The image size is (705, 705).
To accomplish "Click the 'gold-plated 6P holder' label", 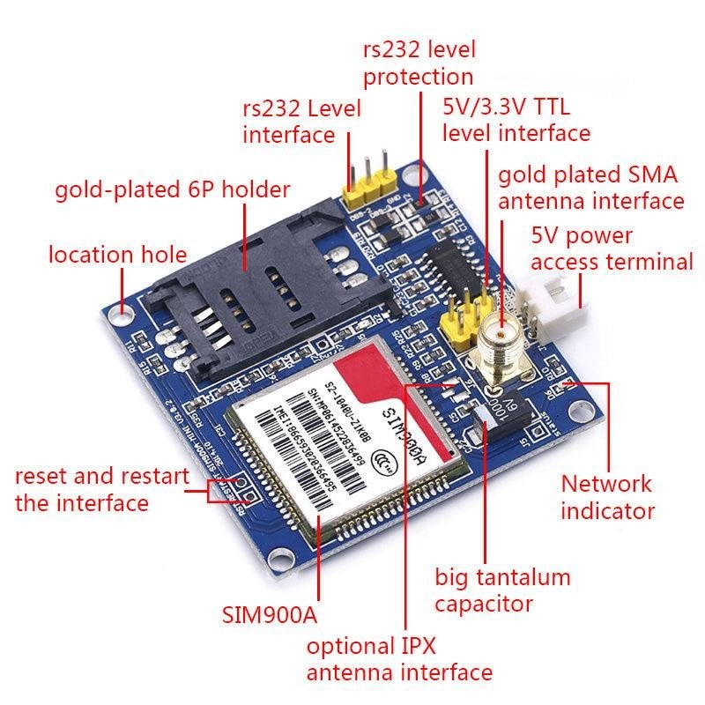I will pos(172,189).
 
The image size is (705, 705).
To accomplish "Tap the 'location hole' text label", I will pos(117,256).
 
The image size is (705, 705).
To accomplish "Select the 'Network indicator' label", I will pos(607,496).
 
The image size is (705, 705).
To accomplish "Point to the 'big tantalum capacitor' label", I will pos(502,590).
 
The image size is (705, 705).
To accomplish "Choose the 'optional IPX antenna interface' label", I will pos(399,659).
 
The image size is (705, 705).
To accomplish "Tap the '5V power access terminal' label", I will pos(612,249).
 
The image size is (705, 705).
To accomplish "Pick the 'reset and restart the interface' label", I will pos(101,490).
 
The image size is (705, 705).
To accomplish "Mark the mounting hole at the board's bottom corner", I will pos(281,558).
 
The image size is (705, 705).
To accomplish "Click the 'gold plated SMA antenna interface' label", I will pos(590,188).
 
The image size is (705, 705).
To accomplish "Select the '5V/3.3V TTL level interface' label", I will pos(516,121).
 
